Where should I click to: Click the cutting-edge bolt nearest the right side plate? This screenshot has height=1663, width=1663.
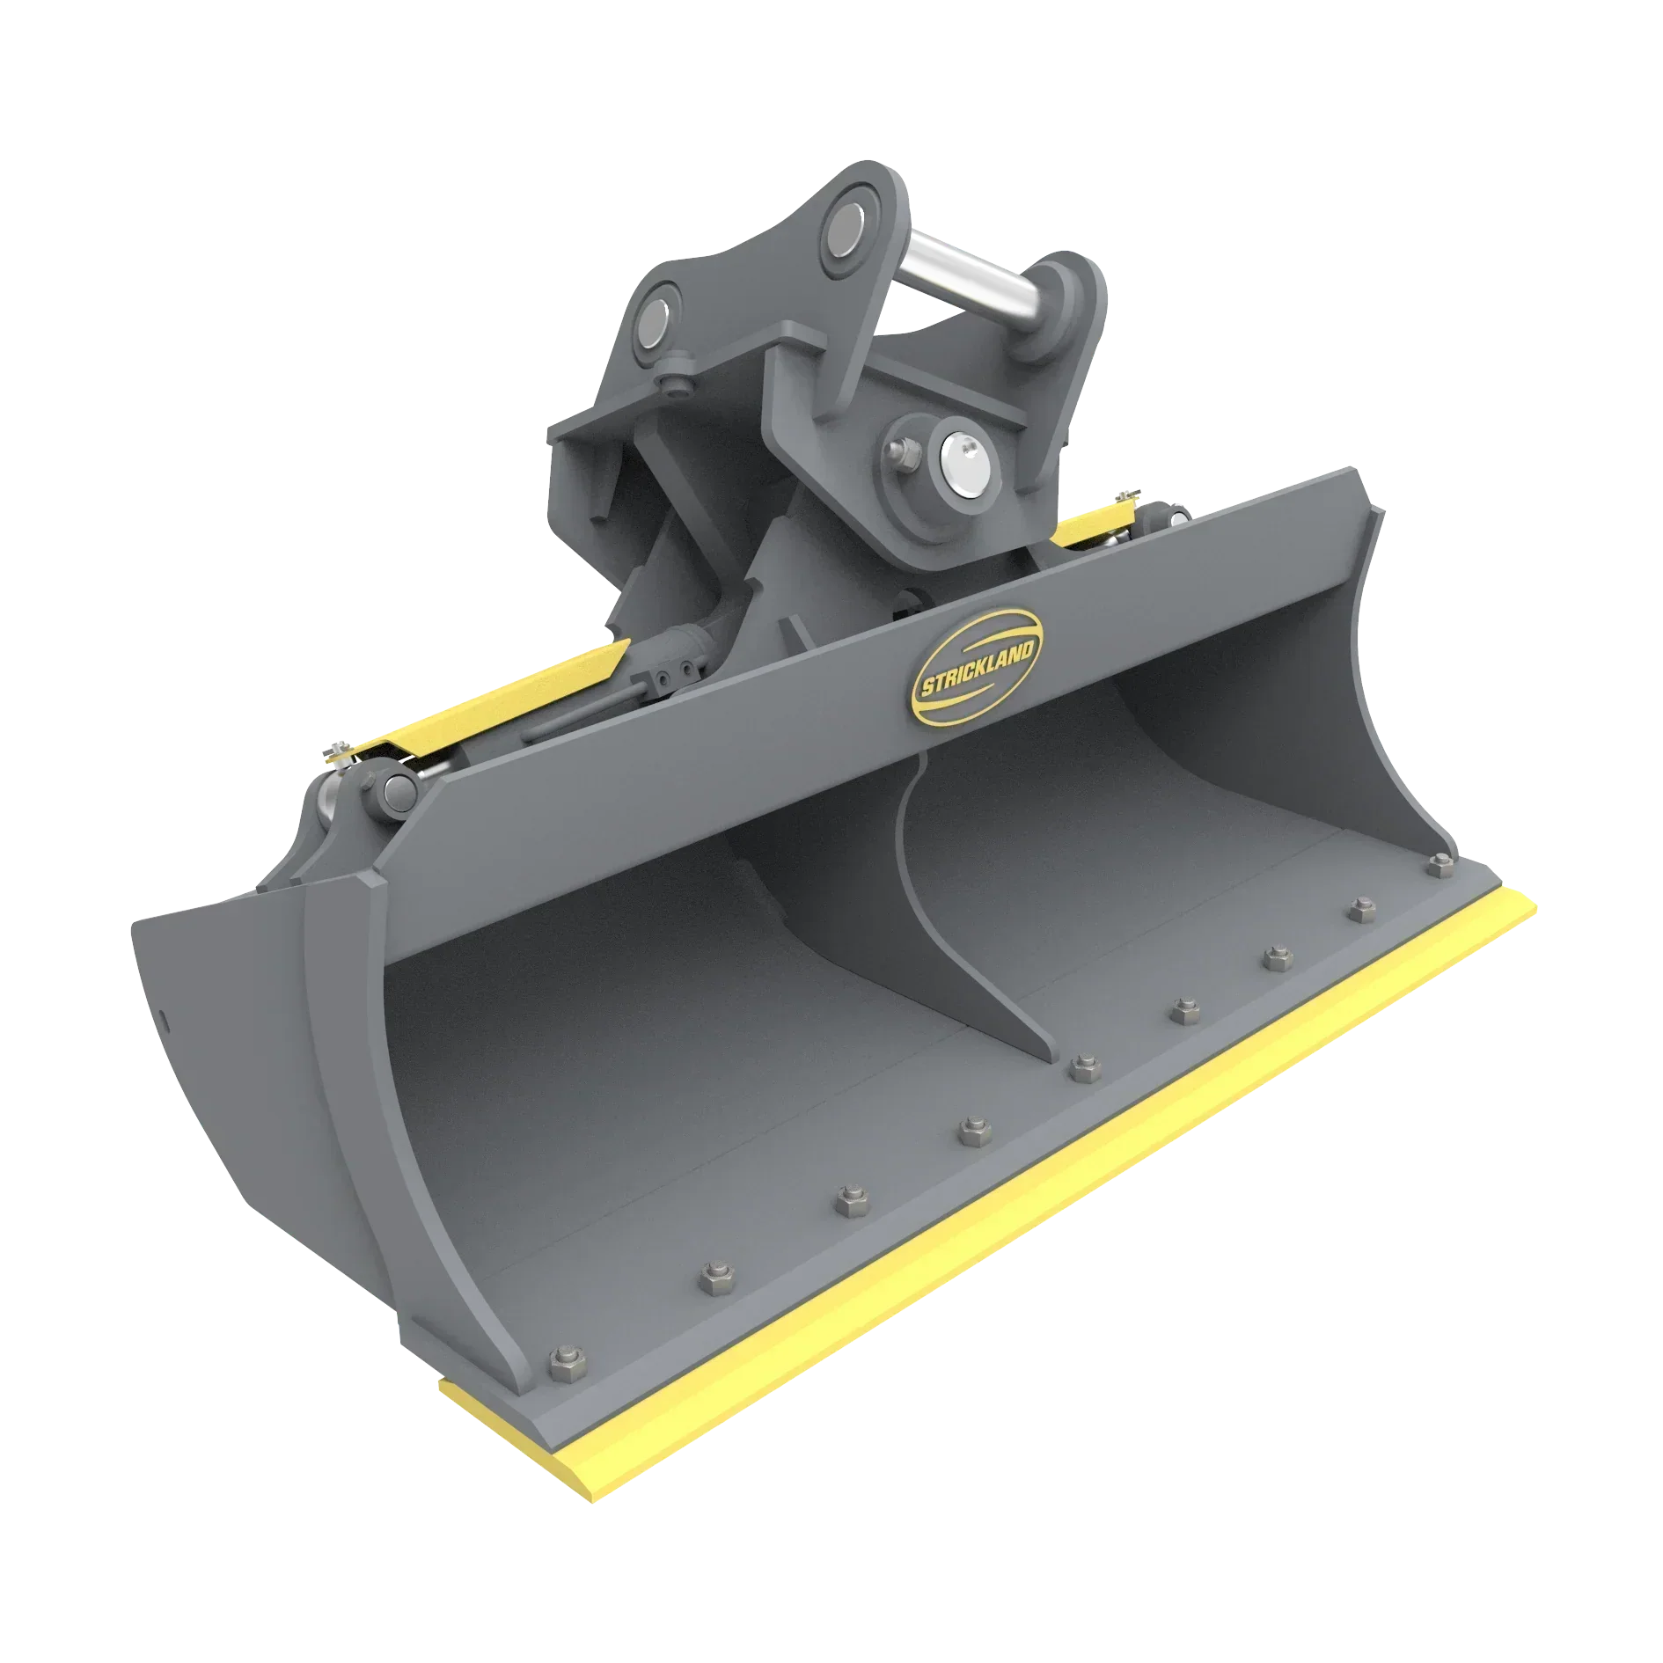coord(1440,866)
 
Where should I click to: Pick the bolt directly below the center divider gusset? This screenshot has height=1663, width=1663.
coord(1083,1069)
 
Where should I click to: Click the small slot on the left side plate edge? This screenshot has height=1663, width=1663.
coord(164,1015)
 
